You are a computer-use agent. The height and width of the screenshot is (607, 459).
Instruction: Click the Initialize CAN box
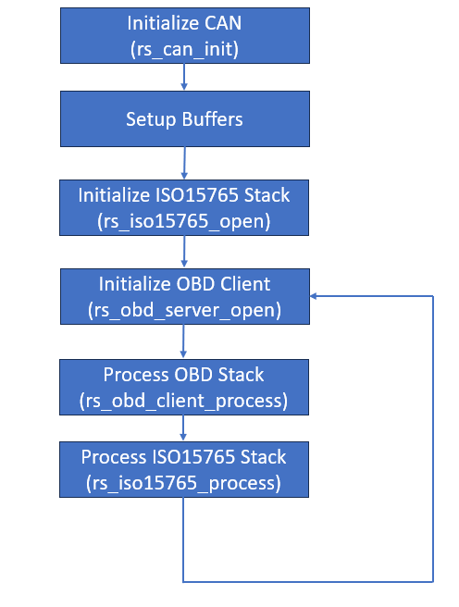185,35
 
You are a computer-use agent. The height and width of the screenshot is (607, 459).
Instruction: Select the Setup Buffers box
185,118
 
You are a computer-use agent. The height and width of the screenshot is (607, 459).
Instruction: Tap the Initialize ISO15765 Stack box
184,207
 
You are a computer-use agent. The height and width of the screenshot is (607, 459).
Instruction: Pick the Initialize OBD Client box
185,296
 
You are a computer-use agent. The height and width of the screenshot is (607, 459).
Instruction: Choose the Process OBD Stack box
184,387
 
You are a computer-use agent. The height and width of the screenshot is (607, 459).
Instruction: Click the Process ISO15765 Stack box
184,469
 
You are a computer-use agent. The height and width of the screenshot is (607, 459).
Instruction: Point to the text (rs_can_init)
184,50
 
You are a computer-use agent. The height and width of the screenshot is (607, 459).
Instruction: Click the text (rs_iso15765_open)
184,222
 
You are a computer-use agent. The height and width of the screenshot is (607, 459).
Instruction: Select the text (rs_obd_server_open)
184,311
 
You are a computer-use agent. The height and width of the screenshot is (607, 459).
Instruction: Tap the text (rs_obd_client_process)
183,402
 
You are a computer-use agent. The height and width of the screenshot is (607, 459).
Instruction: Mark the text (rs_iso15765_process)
183,484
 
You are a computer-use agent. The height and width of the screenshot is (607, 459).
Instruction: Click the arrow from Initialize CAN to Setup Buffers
184,77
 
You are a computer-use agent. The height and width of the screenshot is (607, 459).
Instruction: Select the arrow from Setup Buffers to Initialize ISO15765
184,163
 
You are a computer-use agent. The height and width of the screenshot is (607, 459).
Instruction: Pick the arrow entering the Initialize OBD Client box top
184,252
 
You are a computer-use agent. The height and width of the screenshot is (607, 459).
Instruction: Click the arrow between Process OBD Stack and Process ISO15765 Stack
183,428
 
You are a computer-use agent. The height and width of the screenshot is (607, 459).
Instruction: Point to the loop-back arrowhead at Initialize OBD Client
313,296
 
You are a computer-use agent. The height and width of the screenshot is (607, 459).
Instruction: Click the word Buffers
213,119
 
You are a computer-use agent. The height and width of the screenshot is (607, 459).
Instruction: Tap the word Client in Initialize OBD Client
245,284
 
